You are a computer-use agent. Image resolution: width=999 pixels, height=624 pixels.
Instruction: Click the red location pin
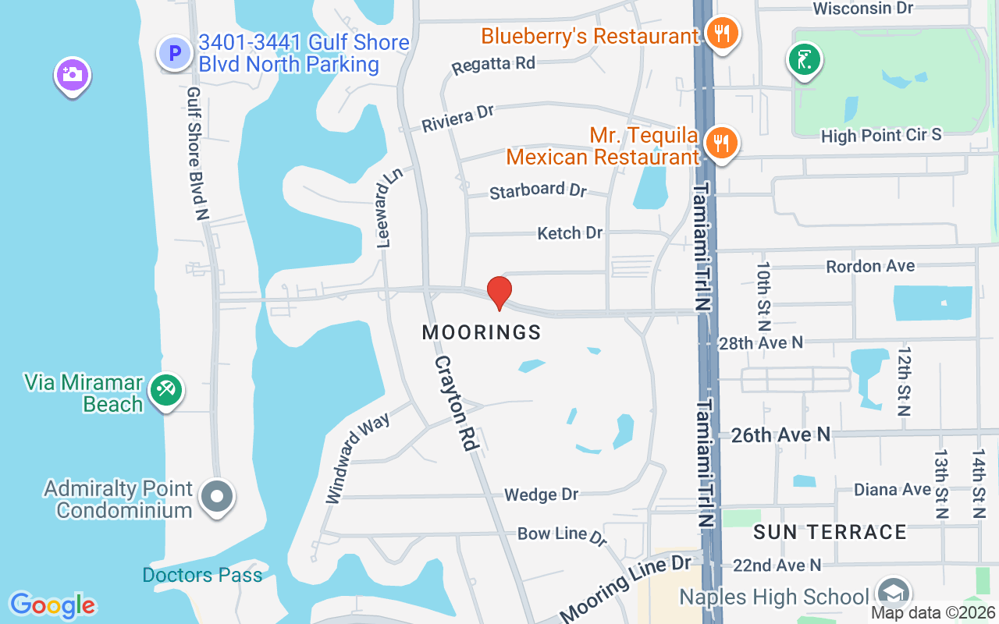pos(499,292)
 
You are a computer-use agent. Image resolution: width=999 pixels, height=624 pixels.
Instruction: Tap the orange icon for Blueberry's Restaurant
pos(722,34)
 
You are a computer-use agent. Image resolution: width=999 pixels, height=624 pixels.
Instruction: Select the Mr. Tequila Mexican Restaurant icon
pos(722,144)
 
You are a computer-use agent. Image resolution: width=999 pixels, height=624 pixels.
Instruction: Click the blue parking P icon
pos(175,53)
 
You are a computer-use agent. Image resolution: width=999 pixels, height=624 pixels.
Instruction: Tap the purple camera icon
pos(72,76)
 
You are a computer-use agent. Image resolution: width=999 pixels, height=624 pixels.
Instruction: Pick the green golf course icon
pos(805,60)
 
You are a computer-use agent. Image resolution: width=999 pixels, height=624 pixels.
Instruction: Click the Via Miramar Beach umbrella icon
pos(165,390)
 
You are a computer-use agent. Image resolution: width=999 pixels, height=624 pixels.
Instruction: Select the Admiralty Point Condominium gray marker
pos(217,496)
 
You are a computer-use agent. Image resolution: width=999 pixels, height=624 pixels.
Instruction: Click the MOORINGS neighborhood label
pos(482,332)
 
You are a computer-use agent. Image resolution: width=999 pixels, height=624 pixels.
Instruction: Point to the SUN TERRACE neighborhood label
pos(830,532)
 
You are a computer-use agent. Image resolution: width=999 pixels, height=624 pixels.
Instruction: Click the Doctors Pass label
pos(202,576)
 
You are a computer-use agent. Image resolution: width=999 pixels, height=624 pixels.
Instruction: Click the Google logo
pos(53,604)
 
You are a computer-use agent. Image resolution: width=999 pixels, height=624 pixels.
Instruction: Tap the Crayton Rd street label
pos(456,403)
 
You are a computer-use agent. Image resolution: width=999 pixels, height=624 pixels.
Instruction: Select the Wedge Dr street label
pos(542,495)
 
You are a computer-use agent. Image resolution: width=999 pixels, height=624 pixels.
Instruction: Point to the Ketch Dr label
pos(570,232)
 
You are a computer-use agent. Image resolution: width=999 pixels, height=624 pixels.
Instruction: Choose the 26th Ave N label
pos(780,434)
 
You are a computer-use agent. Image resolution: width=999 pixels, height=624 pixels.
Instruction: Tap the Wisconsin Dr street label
pos(862,9)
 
